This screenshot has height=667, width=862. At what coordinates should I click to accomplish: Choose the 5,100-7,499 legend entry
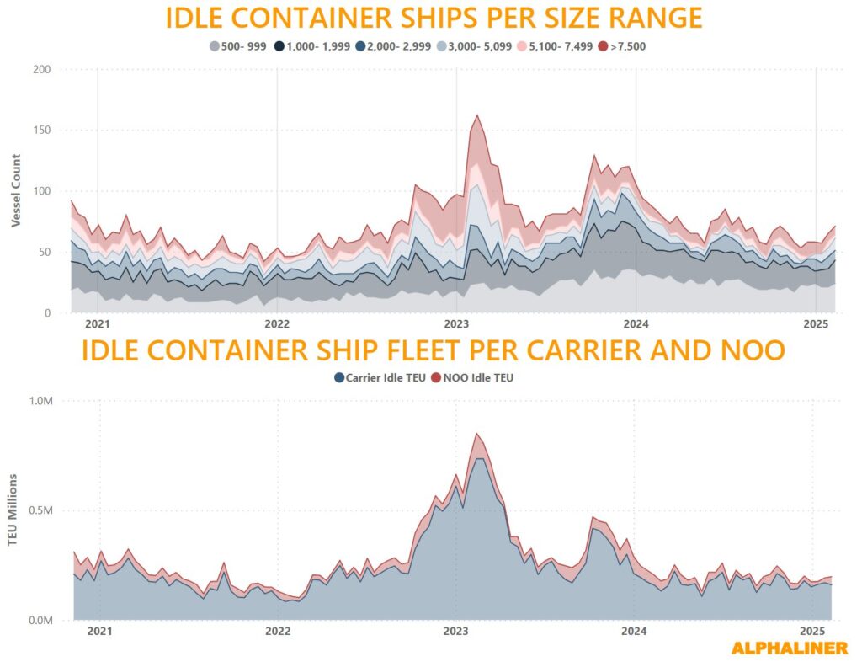[555, 45]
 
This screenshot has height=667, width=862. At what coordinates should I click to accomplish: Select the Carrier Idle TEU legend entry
[380, 378]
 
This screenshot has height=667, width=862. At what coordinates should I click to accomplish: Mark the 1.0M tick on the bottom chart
[42, 401]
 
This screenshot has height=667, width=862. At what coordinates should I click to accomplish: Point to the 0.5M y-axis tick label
[42, 510]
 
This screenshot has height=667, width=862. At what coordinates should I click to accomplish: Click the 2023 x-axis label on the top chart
[456, 323]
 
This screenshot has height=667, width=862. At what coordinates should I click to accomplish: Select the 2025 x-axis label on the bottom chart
[812, 631]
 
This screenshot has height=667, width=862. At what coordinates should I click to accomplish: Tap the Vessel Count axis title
[16, 191]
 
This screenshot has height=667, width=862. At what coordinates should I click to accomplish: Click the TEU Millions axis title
[13, 510]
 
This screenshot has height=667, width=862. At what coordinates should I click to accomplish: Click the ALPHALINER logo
[789, 648]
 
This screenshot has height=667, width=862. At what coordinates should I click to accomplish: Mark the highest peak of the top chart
[477, 115]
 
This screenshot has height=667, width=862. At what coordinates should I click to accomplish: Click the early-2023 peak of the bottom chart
[477, 434]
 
